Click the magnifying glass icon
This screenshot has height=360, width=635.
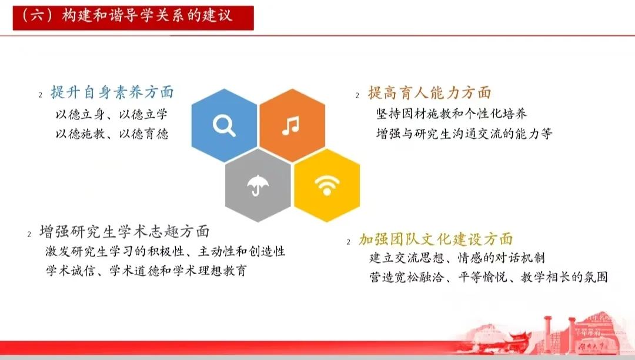224,125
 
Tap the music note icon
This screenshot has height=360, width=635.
291,125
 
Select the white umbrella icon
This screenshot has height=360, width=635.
258,185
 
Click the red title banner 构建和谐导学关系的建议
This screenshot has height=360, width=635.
133,18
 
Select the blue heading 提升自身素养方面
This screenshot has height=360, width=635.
112,92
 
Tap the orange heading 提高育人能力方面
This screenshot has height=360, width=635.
429,93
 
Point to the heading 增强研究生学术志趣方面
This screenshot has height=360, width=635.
124,231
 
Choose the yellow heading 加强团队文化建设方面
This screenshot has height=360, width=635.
436,239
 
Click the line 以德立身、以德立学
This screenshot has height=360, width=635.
111,115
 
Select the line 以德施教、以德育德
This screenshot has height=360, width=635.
112,134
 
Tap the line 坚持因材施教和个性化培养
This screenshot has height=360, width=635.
452,114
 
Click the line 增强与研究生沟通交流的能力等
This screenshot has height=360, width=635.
464,133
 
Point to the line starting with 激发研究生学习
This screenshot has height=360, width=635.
165,251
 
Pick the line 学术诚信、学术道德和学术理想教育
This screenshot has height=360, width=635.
146,271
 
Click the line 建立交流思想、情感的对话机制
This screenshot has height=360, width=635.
457,258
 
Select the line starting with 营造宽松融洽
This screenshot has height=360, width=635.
489,277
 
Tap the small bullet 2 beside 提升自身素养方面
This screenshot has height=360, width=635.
40,95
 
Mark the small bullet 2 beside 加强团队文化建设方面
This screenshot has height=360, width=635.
348,242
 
